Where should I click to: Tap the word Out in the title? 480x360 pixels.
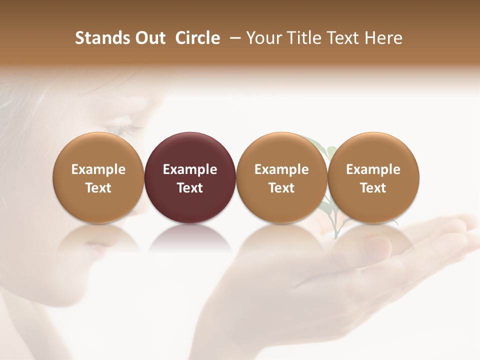149,38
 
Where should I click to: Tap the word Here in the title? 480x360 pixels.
383,38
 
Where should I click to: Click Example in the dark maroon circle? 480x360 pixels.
190,169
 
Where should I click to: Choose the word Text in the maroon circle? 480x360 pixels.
190,188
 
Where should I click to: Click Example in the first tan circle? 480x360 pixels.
98,169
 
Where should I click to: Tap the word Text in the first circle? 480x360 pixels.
98,188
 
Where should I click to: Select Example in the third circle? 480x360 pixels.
281,169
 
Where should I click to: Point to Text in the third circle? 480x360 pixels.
281,188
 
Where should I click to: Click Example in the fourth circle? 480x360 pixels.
373,169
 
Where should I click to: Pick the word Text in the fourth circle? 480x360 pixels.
373,188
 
